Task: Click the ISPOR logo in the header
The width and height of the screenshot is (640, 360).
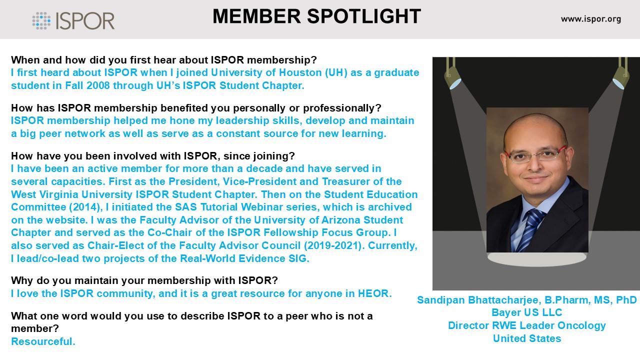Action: (73, 20)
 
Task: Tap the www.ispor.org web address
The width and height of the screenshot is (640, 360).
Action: (591, 19)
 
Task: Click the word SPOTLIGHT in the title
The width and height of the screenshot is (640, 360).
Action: (363, 16)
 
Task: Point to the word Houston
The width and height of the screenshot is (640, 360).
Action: (300, 72)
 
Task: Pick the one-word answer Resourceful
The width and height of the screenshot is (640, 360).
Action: (43, 341)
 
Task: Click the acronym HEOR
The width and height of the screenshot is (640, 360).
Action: (375, 293)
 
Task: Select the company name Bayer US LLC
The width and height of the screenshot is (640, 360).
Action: (527, 312)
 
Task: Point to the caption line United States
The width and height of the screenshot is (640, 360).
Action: (527, 338)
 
